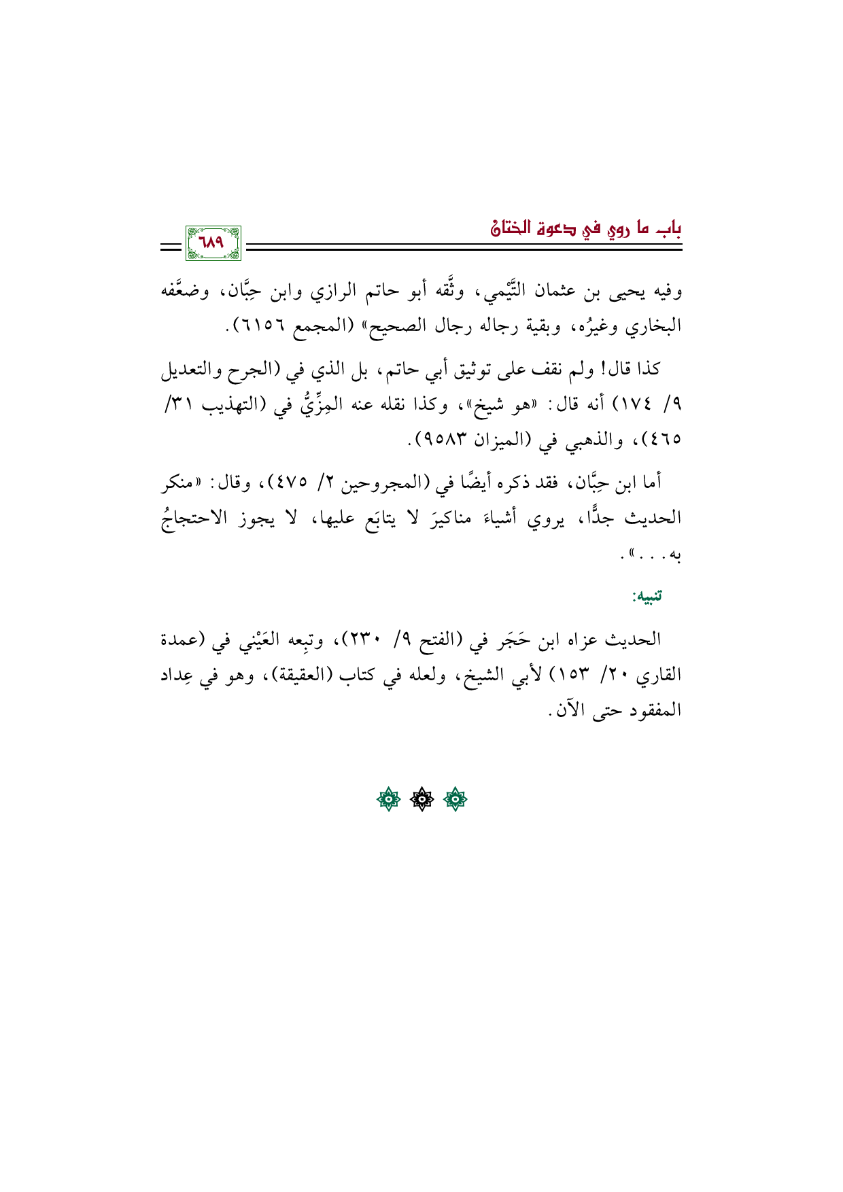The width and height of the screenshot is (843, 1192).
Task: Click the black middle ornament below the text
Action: pyautogui.click(x=421, y=801)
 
